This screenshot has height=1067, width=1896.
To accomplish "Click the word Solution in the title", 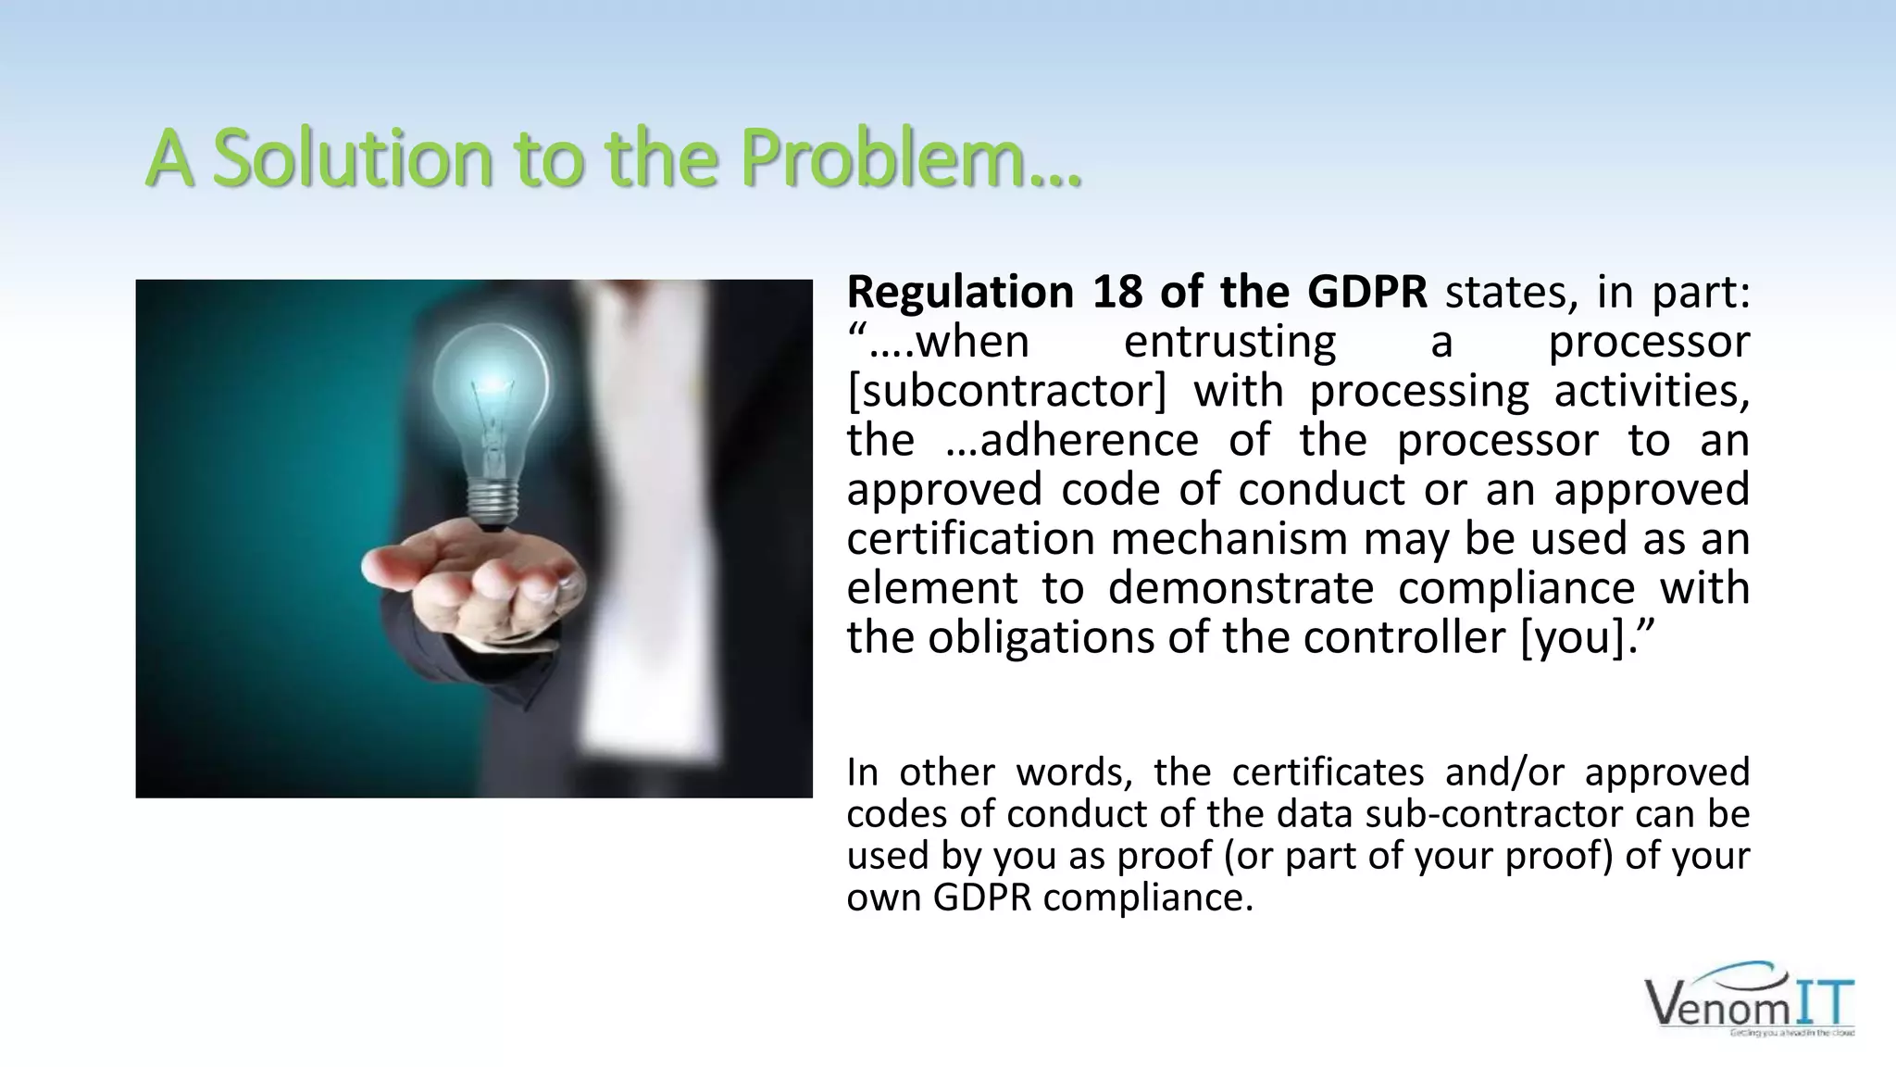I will pyautogui.click(x=352, y=159).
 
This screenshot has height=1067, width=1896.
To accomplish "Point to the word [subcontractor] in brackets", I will pyautogui.click(x=1006, y=391).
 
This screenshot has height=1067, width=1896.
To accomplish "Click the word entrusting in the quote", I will pyautogui.click(x=1229, y=342).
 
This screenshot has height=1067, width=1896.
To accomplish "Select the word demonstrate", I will pyautogui.click(x=1241, y=589).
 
